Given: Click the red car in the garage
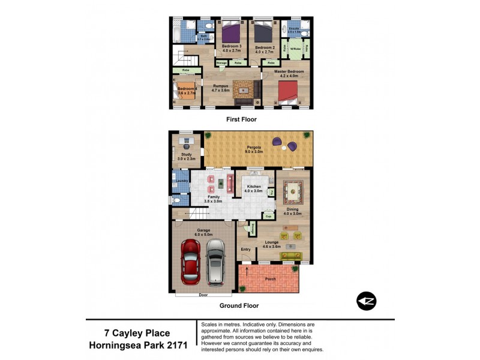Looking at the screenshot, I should pyautogui.click(x=190, y=262).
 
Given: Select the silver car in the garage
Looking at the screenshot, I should pyautogui.click(x=215, y=262).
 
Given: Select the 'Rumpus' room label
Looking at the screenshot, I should pyautogui.click(x=220, y=86).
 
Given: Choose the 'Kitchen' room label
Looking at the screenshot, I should pyautogui.click(x=254, y=187).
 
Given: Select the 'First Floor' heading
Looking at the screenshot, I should pyautogui.click(x=241, y=119).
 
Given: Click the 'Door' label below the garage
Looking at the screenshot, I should pyautogui.click(x=203, y=295).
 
